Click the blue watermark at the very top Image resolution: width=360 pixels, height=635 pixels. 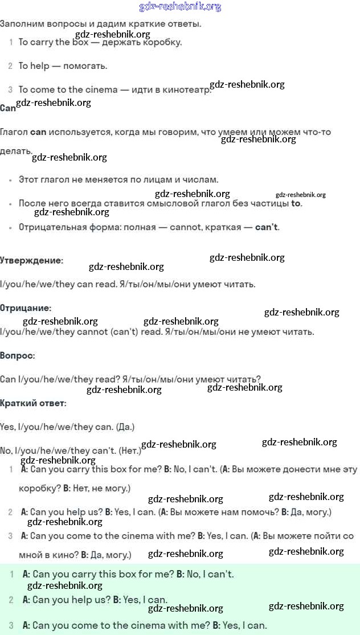click(180, 7)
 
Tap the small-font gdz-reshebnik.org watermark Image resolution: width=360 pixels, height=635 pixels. click(300, 195)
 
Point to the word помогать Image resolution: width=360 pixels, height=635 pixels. click(85, 66)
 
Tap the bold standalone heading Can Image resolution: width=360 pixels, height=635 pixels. click(8, 108)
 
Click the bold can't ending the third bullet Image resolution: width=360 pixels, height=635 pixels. click(266, 227)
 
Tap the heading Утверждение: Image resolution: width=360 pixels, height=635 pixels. click(31, 260)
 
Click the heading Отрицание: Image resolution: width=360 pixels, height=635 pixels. click(26, 308)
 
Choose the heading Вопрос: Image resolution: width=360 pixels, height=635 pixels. click(18, 355)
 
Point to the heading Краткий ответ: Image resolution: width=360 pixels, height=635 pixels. click(33, 403)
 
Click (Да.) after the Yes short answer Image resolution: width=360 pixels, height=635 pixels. click(124, 427)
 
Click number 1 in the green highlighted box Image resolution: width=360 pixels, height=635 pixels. click(12, 575)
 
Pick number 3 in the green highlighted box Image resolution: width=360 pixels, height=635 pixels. click(11, 625)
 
